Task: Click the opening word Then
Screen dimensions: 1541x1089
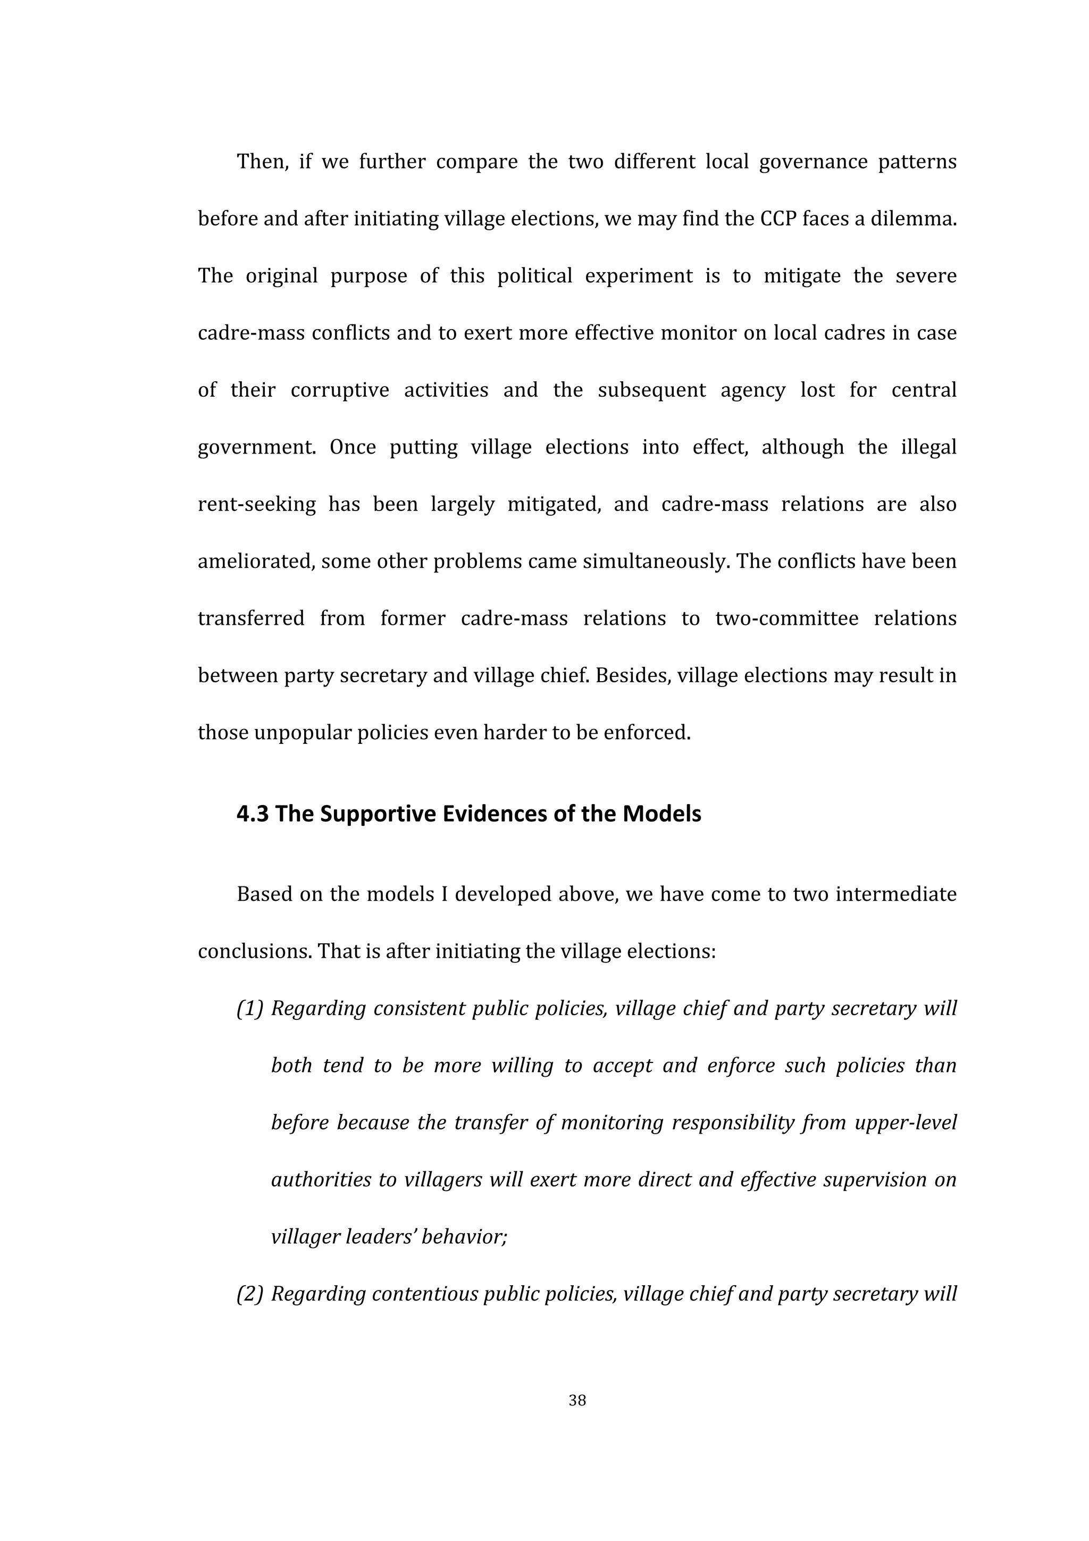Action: pyautogui.click(x=262, y=162)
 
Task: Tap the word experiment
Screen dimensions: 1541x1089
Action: pyautogui.click(x=638, y=276)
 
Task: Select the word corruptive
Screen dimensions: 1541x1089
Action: pyautogui.click(x=340, y=390)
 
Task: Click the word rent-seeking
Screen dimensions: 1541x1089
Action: pyautogui.click(x=256, y=504)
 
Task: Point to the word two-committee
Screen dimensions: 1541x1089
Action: pyautogui.click(x=786, y=618)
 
